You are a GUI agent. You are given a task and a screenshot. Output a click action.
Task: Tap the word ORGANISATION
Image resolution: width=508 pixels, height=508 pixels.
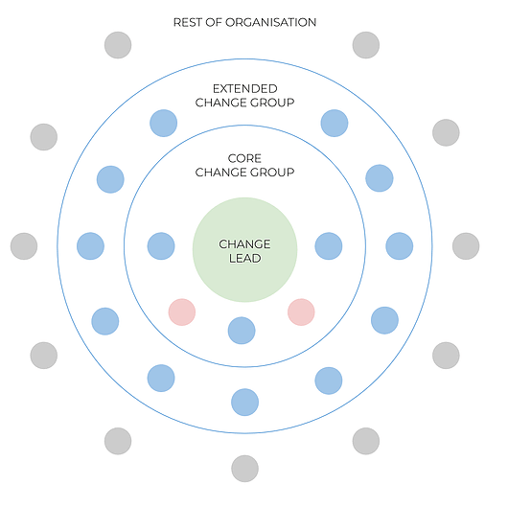pos(271,22)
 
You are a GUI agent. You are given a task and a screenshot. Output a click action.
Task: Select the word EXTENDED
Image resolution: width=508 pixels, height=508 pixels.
pos(245,88)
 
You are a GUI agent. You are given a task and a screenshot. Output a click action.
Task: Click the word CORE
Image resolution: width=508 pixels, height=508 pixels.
pos(244,158)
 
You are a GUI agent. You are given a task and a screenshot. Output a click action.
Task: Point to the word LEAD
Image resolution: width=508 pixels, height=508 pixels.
pos(245,258)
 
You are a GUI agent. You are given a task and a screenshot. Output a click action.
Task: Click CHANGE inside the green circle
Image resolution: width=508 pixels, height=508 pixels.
pos(244,244)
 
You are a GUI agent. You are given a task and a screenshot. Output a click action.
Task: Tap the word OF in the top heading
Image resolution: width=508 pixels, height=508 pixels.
pos(213,22)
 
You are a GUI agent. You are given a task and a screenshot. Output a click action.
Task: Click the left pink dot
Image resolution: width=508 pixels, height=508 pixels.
pos(182,312)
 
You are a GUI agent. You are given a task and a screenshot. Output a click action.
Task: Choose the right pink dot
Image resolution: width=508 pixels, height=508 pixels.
pos(301,312)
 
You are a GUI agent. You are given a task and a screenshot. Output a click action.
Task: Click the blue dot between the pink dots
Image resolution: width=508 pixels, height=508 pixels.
pos(242,331)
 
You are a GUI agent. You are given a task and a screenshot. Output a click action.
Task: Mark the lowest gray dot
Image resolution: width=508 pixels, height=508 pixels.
pos(245,469)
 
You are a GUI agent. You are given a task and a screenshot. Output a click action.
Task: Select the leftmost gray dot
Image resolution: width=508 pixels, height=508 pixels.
pos(24,246)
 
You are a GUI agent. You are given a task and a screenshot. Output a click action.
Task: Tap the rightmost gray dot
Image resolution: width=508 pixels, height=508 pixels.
pos(466,246)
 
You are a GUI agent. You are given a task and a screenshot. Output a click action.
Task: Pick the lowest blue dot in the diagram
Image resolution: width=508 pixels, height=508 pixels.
pos(245,402)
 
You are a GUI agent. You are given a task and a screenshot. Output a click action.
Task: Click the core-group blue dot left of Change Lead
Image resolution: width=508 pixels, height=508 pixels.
pos(161,246)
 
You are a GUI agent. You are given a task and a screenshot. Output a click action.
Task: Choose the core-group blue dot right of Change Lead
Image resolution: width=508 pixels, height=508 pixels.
pos(329,246)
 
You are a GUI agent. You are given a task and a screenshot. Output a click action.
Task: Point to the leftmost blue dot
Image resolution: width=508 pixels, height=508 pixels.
pos(90,246)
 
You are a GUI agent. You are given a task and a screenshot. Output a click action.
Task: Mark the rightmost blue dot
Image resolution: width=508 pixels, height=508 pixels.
pos(400,246)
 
